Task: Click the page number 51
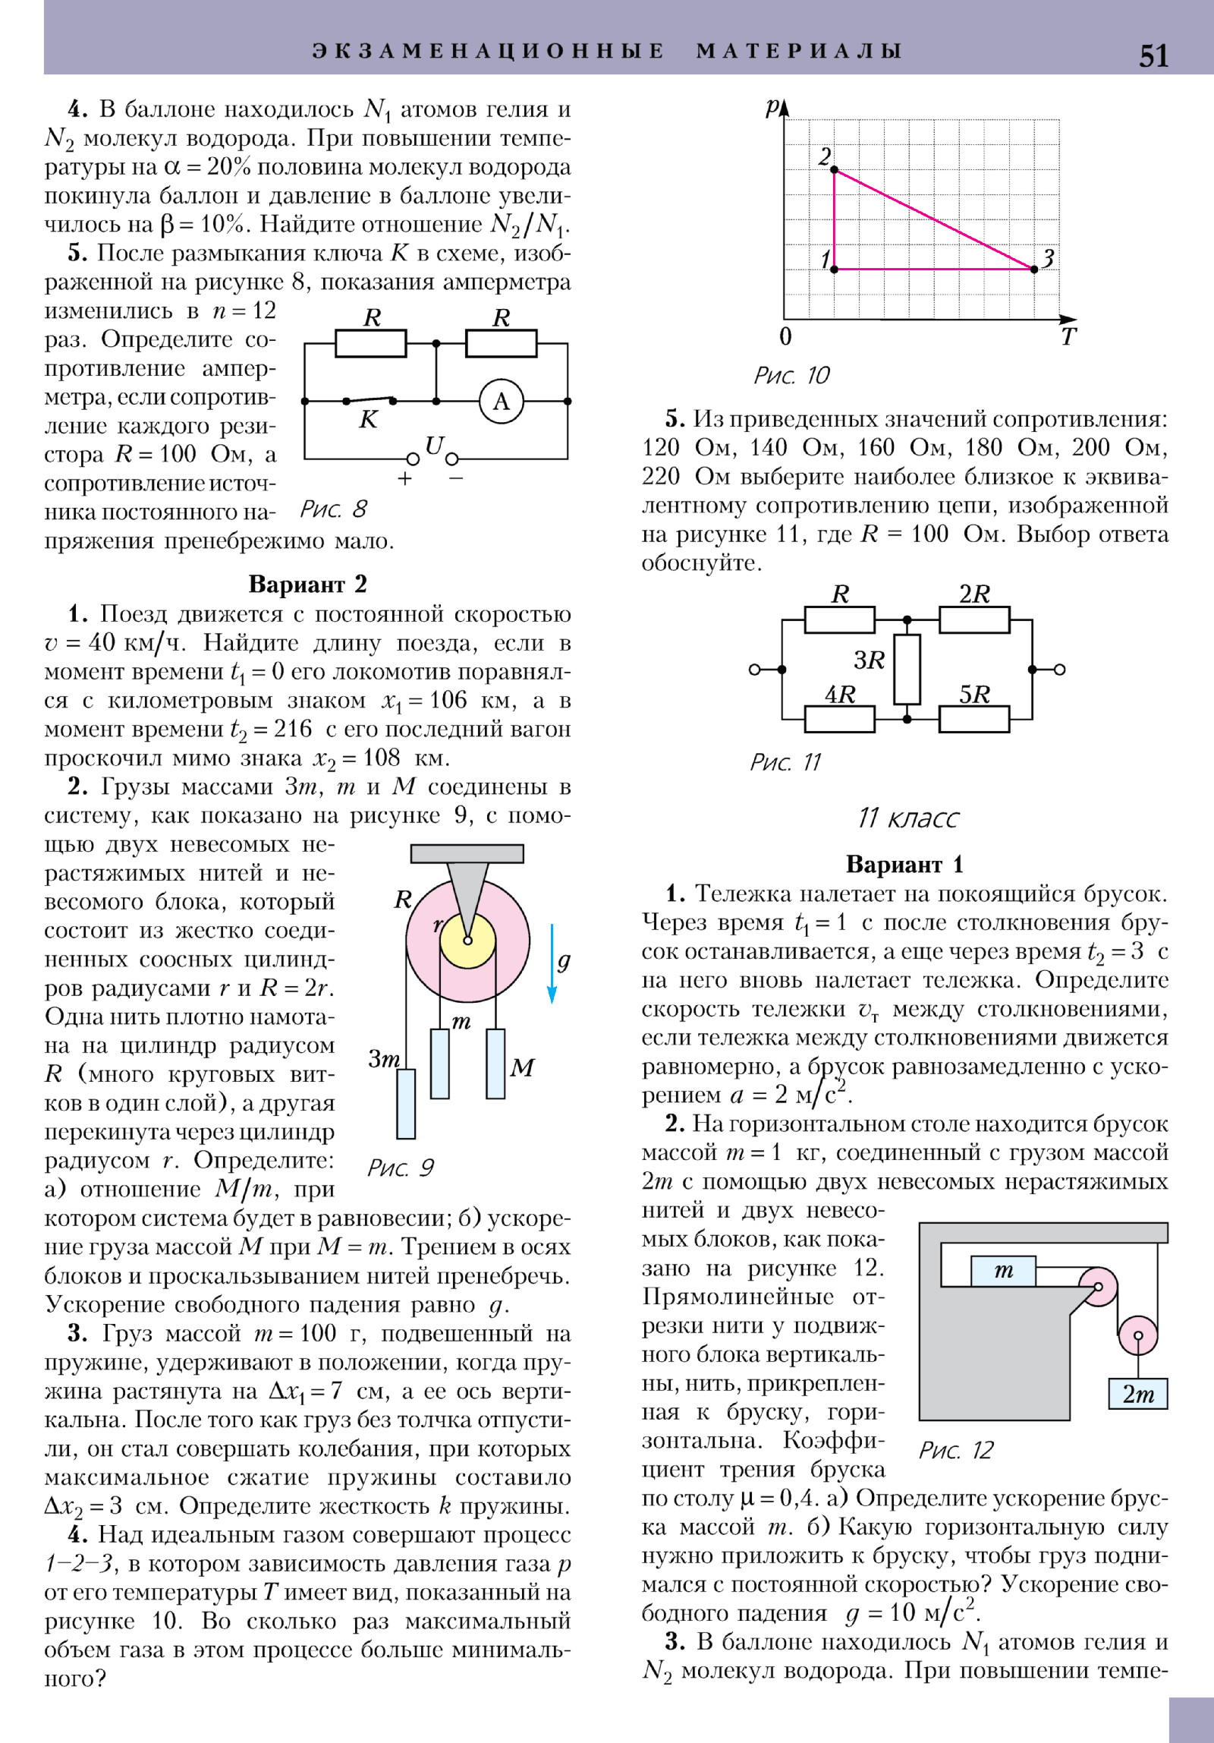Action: (1153, 55)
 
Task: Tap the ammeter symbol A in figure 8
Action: (501, 401)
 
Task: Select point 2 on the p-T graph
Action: (834, 169)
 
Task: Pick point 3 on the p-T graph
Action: (1033, 269)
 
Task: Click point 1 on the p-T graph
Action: (834, 269)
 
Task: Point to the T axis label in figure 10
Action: (1068, 337)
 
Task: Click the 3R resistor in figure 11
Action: (907, 669)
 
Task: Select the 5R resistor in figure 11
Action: (974, 718)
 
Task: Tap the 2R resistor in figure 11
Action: (974, 619)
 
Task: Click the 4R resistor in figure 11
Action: (839, 718)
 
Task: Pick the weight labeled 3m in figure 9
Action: (406, 1103)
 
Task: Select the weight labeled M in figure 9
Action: (495, 1063)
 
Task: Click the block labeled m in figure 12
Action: (1003, 1271)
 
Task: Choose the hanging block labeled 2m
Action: (1137, 1394)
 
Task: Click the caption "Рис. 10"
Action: (791, 375)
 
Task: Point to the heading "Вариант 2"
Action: (307, 584)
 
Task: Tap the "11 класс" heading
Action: (907, 818)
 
